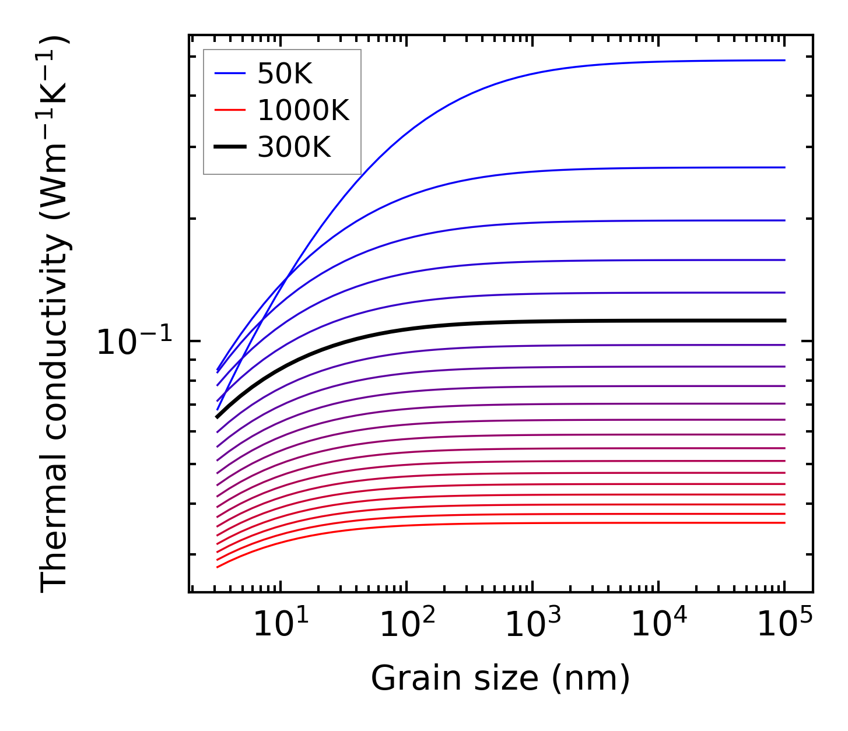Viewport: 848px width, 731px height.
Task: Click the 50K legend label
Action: (x=285, y=73)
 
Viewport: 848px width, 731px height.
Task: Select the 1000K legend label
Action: (x=303, y=110)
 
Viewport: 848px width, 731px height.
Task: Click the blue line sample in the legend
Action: (x=230, y=73)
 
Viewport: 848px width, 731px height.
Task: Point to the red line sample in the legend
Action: (x=230, y=110)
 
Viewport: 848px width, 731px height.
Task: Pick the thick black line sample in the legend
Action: (x=230, y=147)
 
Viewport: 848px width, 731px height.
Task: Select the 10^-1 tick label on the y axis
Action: (x=135, y=342)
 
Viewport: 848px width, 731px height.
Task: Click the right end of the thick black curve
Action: (x=785, y=321)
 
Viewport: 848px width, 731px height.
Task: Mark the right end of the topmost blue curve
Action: (x=785, y=60)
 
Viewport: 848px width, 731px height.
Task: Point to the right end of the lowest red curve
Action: (x=785, y=522)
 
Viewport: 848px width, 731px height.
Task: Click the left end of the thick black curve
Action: (x=217, y=417)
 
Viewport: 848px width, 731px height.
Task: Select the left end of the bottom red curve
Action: (x=217, y=567)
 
